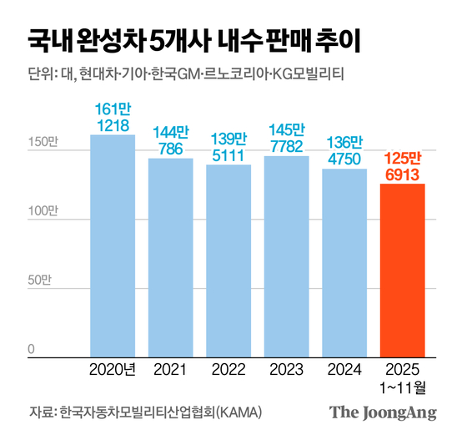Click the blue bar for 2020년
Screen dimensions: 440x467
click(x=113, y=245)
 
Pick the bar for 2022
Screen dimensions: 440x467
click(x=228, y=260)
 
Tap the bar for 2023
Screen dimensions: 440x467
click(x=286, y=256)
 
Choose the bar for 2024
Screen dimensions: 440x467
click(x=344, y=263)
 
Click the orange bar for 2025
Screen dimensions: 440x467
click(x=402, y=271)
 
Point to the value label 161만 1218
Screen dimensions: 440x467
click(x=113, y=117)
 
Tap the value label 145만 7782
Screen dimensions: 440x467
click(x=286, y=138)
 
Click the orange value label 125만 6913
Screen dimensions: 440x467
click(x=403, y=165)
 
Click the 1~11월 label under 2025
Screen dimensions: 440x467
click(x=403, y=386)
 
